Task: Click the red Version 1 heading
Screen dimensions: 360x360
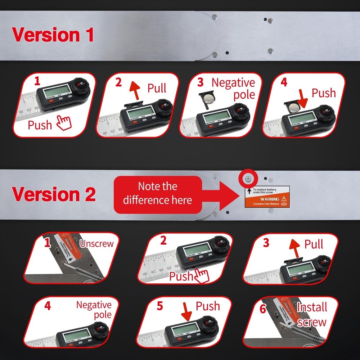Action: [53, 35]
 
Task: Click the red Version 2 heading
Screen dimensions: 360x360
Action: [54, 194]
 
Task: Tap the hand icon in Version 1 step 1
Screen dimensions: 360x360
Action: [64, 123]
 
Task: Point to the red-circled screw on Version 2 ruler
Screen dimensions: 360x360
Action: [248, 179]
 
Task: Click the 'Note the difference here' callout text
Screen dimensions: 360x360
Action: [158, 193]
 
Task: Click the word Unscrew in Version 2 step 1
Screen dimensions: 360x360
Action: [97, 243]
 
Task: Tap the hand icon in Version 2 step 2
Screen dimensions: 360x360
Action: [201, 276]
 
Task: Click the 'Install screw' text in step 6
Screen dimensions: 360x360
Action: [312, 314]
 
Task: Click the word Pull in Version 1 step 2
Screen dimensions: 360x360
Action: [157, 88]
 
